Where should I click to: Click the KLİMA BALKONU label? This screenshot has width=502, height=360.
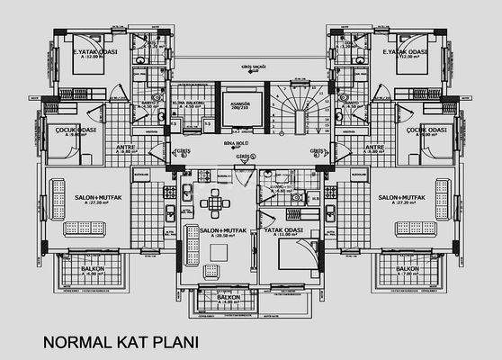[190, 103]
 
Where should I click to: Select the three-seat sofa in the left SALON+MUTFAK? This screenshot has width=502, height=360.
[54, 200]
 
